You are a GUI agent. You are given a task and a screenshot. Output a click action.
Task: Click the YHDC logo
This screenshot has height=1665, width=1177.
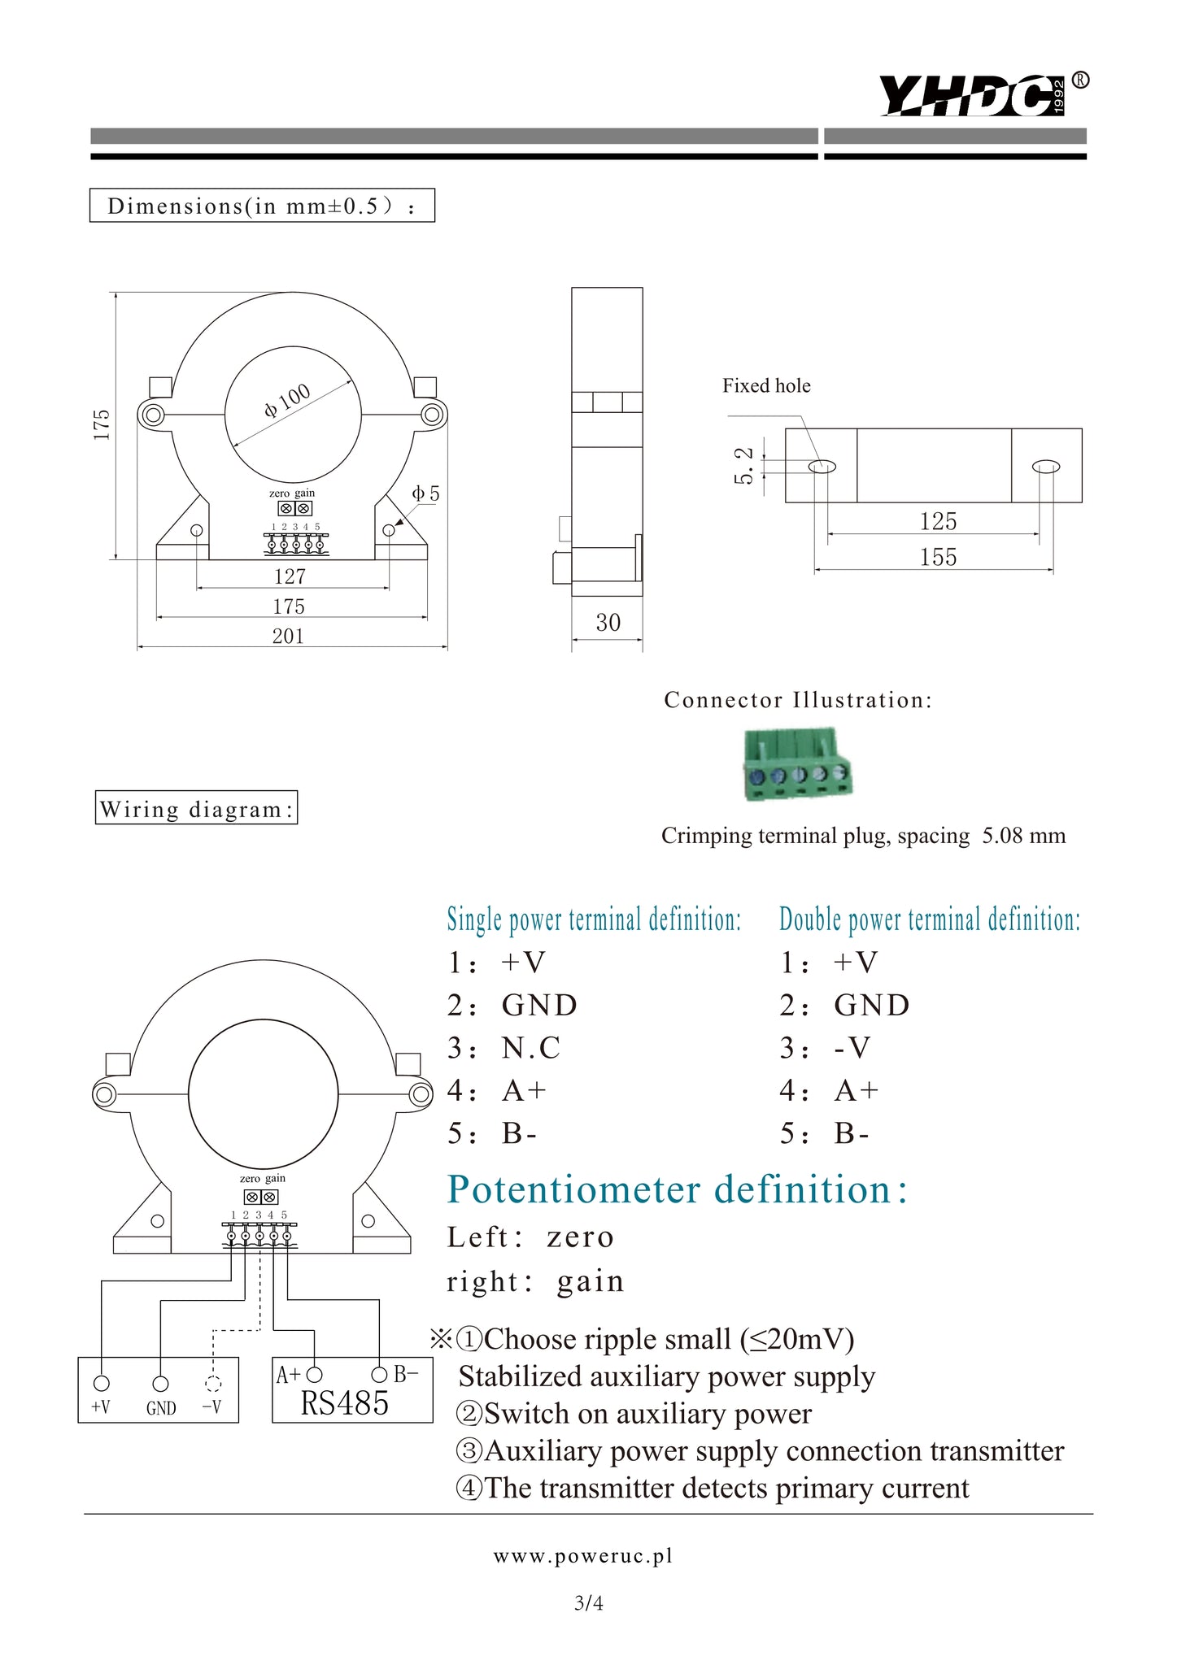[x=972, y=96]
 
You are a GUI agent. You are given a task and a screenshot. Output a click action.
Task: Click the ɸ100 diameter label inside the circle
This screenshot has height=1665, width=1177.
[x=287, y=400]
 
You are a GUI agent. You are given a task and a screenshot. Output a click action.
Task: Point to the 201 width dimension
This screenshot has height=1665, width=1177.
[x=288, y=636]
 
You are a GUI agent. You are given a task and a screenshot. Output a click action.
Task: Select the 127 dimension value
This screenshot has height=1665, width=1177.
[x=290, y=576]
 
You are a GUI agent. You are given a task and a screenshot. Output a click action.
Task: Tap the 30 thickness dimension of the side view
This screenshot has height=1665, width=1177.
[x=608, y=623]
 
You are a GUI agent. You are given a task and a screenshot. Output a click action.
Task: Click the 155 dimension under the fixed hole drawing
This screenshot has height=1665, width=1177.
[x=938, y=558]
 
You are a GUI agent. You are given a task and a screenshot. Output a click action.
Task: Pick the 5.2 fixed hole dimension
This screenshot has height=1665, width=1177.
[x=743, y=466]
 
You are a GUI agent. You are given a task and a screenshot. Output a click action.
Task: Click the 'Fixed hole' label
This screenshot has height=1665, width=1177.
[x=766, y=386]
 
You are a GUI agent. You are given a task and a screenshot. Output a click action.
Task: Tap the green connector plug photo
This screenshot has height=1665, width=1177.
[x=797, y=764]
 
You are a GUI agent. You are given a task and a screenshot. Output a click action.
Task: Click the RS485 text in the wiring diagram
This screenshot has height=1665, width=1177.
[x=345, y=1404]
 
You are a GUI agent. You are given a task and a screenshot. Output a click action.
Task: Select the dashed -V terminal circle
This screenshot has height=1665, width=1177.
[x=213, y=1384]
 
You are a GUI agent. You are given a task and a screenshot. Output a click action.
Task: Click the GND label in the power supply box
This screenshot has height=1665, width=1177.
[x=161, y=1408]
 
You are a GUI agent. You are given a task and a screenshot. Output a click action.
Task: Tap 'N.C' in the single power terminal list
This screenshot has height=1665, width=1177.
[x=531, y=1048]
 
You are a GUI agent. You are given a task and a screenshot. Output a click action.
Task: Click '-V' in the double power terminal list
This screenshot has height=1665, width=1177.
[x=852, y=1048]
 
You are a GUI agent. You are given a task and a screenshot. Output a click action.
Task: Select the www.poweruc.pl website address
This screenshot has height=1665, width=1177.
[x=582, y=1556]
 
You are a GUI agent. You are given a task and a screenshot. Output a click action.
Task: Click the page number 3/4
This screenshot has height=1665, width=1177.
[x=588, y=1603]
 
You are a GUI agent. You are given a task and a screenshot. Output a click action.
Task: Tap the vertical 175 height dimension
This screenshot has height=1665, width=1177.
[x=101, y=424]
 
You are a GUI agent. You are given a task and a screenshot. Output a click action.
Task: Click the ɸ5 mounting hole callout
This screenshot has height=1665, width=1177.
[x=425, y=493]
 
